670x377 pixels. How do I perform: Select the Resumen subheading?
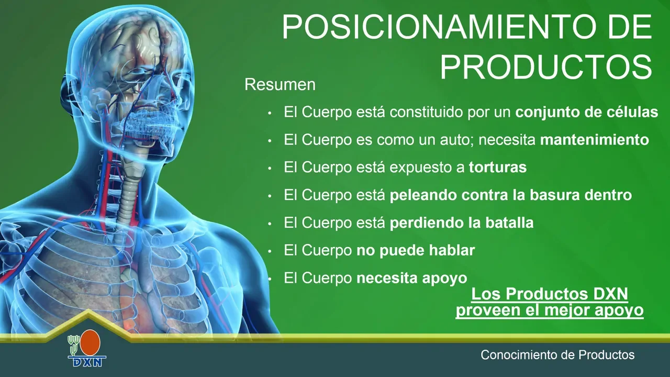280,85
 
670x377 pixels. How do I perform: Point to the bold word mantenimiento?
594,140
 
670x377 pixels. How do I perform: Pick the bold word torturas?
498,167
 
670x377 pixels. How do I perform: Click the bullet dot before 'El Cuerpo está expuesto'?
270,169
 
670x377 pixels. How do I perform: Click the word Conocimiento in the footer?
518,355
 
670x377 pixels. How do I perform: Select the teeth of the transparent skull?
152,126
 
